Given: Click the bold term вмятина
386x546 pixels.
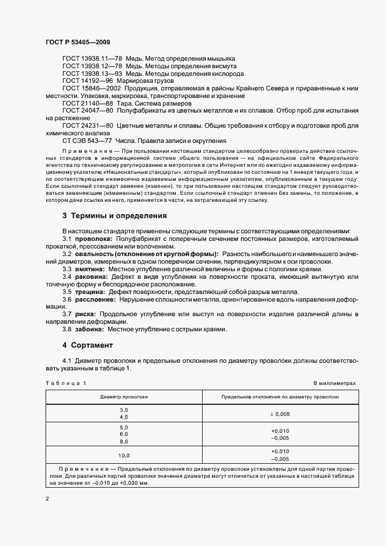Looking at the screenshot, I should (x=88, y=269).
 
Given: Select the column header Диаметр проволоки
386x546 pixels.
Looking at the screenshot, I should (x=124, y=396).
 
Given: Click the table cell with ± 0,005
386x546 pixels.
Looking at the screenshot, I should (x=280, y=414).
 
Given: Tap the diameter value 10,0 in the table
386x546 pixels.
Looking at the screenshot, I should (x=124, y=455).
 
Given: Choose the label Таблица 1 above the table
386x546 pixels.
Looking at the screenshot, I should (x=65, y=383).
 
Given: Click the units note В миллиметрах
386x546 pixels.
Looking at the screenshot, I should (x=334, y=383).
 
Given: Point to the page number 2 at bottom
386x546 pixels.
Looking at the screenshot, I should (x=47, y=499).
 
